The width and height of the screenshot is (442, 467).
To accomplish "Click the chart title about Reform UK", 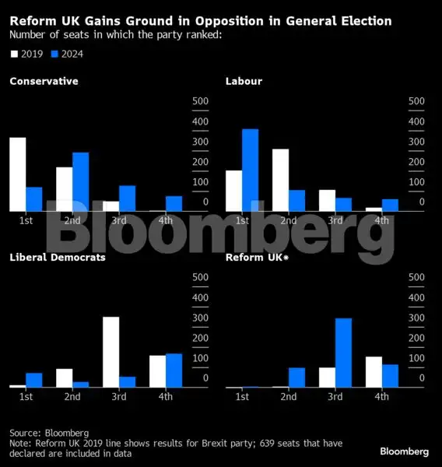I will pos(200,20).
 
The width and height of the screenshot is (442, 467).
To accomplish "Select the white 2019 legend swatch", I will pos(15,54).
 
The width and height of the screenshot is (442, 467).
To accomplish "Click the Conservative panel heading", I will pos(44,81).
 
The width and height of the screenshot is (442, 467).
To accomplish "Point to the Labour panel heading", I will pos(244,81).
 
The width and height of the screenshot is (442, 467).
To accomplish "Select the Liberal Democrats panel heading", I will pos(58,257).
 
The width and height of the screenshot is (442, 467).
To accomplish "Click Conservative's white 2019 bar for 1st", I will pos(17,174).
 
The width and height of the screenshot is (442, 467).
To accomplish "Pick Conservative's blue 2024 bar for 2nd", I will pos(80,181).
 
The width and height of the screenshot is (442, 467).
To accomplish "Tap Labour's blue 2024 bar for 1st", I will pos(249,170).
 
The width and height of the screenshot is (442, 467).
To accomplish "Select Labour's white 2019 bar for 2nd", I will pos(280,180).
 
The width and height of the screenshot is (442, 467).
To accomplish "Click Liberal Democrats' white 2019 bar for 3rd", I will pos(110,352).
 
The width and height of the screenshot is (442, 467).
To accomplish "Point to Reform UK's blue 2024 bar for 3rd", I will pos(343,353).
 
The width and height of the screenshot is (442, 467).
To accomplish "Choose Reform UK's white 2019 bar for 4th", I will pos(374,372).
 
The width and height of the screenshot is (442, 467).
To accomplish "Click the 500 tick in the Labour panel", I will pos(416,101).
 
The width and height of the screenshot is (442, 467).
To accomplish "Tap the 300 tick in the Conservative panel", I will pos(199,142).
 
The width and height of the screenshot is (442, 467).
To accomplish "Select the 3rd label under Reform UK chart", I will pos(335,397).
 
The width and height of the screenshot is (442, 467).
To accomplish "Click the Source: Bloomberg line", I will pos(49,433).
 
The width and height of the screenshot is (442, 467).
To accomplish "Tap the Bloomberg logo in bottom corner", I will pos(404,451).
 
